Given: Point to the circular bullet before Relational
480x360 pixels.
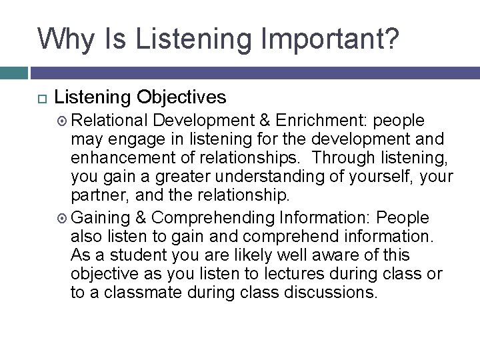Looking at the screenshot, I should (x=63, y=121).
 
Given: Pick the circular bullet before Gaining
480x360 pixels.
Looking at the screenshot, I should (x=63, y=218).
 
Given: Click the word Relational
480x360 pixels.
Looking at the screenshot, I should (x=109, y=120).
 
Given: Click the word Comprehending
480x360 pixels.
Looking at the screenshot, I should (x=213, y=218).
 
